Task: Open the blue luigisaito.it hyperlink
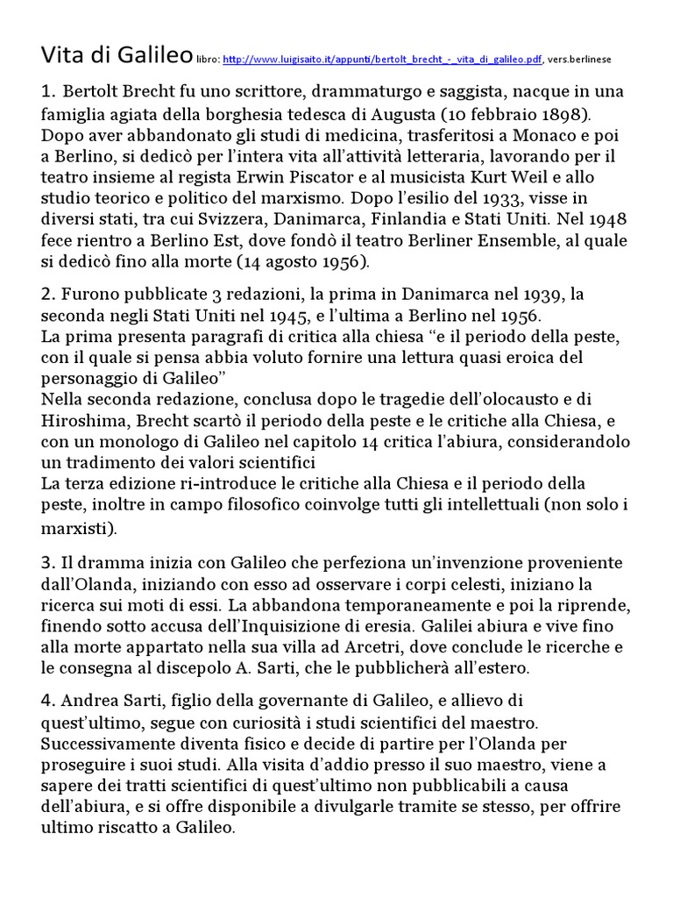pyautogui.click(x=382, y=60)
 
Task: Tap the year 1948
pyautogui.click(x=606, y=220)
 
